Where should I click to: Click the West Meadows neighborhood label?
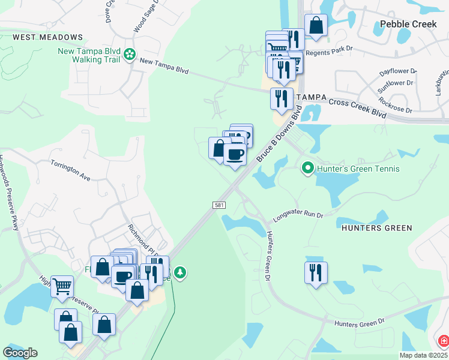point(47,37)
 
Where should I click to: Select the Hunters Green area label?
point(376,228)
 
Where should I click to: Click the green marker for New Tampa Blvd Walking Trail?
point(129,55)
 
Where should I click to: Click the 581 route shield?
point(219,206)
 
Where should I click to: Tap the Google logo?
point(20,353)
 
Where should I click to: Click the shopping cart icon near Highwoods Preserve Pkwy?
point(62,286)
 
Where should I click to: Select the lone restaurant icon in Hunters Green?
point(315,272)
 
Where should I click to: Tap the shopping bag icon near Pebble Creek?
point(316,25)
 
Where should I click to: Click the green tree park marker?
point(180,274)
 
